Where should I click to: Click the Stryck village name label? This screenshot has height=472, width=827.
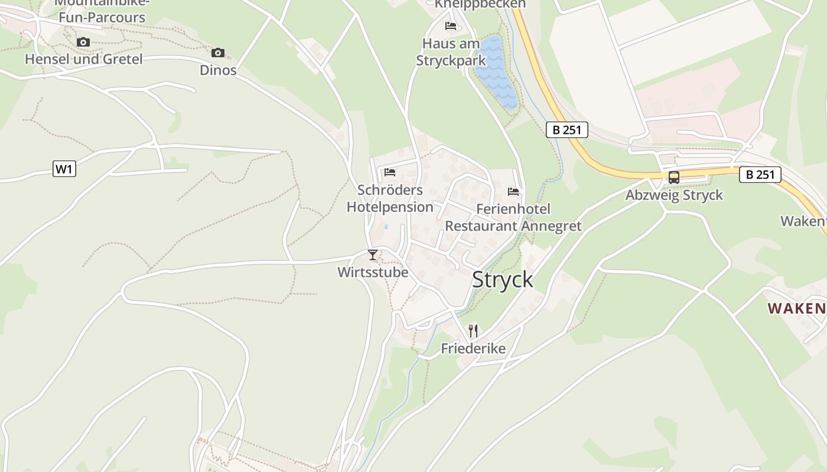click(503, 280)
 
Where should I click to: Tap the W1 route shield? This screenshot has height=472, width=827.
click(64, 169)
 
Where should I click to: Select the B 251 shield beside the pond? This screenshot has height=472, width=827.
click(567, 130)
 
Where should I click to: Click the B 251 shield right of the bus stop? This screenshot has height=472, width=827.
click(760, 175)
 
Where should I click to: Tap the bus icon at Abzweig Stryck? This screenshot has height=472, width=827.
click(673, 178)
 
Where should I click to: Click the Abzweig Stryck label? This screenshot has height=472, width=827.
click(674, 195)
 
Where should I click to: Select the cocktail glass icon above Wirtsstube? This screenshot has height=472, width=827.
click(373, 255)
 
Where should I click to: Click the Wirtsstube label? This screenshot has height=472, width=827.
click(373, 273)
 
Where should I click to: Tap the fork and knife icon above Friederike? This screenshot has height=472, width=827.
click(473, 330)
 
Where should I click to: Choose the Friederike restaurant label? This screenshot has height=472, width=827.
click(473, 349)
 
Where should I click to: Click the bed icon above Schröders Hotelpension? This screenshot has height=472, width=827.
click(390, 172)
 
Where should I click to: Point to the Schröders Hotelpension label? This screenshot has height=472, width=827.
click(390, 199)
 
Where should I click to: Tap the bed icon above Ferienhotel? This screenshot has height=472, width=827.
click(513, 192)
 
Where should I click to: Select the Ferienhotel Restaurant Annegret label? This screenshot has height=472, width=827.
click(513, 218)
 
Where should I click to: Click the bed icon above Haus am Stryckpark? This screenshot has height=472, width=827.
click(451, 26)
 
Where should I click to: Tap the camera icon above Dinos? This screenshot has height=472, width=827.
click(218, 53)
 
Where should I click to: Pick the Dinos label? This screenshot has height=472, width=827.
click(218, 70)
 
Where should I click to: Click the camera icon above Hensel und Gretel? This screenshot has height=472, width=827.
click(83, 42)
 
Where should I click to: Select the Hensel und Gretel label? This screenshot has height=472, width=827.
click(83, 59)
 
